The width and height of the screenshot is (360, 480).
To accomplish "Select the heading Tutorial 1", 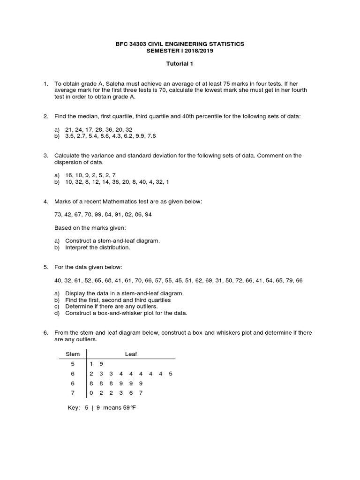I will click(x=180, y=64).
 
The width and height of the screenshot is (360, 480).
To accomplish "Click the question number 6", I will click(x=46, y=332).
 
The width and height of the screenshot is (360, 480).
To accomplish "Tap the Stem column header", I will click(x=73, y=354).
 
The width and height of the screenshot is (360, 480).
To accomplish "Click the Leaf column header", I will click(x=131, y=354).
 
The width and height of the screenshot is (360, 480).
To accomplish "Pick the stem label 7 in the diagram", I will click(x=73, y=392).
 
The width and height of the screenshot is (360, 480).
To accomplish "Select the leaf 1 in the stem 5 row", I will click(x=91, y=363).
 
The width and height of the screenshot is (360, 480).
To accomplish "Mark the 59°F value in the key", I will click(x=129, y=407).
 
